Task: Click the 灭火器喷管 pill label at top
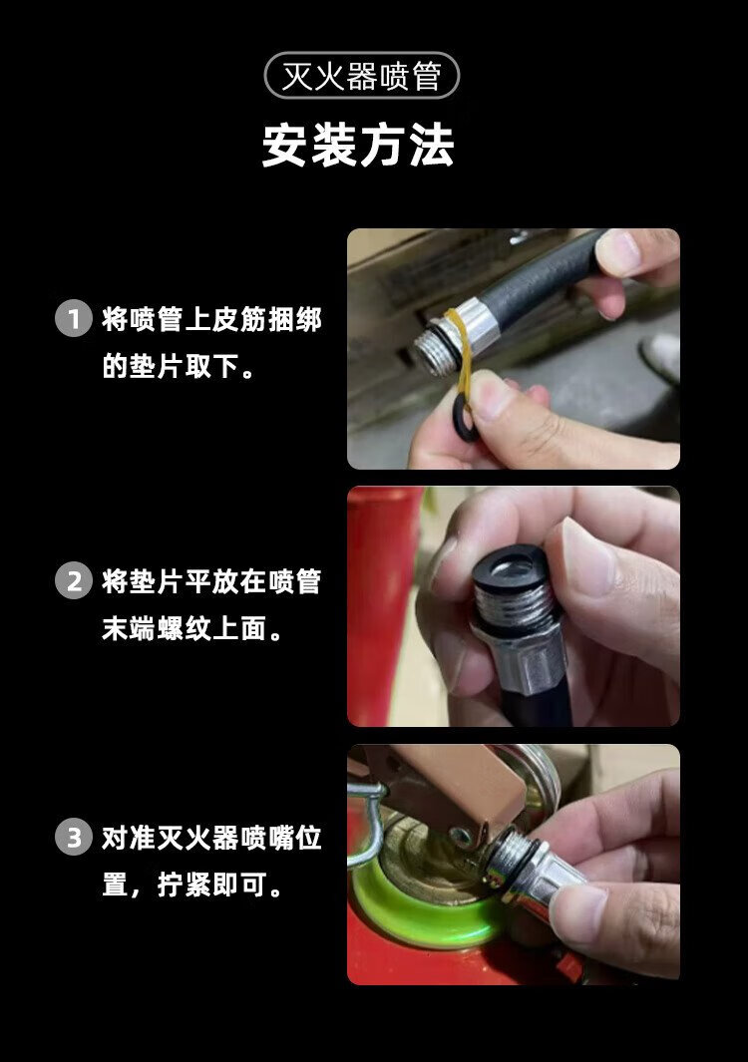point(362,75)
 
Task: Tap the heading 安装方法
point(358,145)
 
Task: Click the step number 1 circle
point(73,318)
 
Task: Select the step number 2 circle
point(73,580)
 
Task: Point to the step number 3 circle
point(73,838)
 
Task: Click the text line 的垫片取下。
point(179,366)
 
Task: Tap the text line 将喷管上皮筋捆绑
point(211,319)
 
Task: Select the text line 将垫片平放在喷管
point(211,581)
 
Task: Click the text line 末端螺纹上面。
point(192,628)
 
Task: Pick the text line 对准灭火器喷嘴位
point(211,838)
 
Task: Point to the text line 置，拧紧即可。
point(192,885)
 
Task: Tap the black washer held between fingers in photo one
point(464,419)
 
